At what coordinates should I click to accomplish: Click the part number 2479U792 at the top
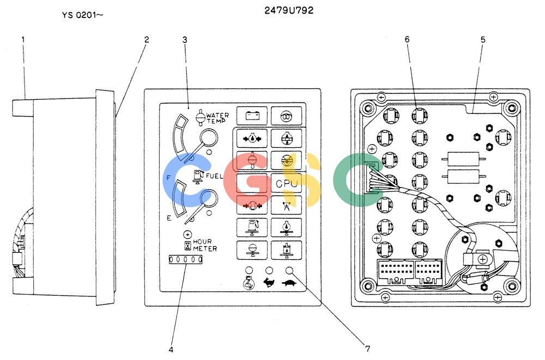289,10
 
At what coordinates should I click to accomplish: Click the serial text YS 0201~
83,15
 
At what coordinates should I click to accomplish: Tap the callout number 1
23,40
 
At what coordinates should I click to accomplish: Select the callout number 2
146,40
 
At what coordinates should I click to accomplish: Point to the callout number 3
185,40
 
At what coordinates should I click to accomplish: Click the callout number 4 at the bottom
171,349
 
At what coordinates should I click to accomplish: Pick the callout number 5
483,40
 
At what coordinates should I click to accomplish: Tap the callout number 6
407,39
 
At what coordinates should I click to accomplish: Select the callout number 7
367,348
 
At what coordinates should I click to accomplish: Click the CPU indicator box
287,183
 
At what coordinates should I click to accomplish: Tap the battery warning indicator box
252,116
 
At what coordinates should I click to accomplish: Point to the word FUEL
214,176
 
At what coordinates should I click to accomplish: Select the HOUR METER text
205,245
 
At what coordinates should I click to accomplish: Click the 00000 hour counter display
186,260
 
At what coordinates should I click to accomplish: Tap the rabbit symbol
269,283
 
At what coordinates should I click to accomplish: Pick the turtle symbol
289,283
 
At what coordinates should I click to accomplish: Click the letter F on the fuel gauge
169,178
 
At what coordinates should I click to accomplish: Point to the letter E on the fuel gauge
169,218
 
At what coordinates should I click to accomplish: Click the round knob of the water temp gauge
209,138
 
